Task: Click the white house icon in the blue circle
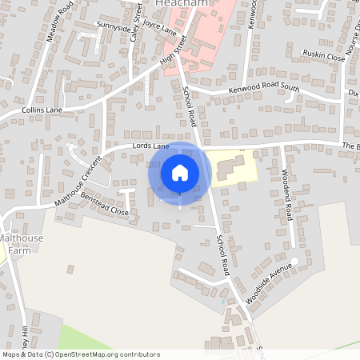tap(180, 173)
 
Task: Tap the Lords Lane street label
tap(151, 147)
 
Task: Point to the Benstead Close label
tap(102, 204)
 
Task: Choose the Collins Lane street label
tap(42, 109)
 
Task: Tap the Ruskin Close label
tap(323, 58)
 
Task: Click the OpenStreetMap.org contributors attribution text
tap(108, 354)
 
